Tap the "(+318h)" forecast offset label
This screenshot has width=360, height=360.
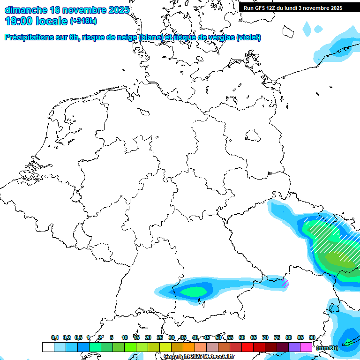[x=83, y=21]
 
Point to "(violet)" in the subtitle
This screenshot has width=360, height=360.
[x=248, y=37]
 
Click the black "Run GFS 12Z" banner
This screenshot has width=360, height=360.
[x=293, y=8]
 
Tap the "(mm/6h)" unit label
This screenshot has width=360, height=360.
[x=327, y=348]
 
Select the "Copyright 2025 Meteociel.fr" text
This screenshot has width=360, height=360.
[x=199, y=357]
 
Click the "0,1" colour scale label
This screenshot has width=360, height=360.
[x=55, y=338]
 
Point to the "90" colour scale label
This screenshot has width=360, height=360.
[x=312, y=338]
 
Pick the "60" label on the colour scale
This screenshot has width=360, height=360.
[x=242, y=338]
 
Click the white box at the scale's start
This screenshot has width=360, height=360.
[x=48, y=347]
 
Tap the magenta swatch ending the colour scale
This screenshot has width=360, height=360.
[x=306, y=347]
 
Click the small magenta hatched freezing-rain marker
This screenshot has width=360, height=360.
[x=285, y=283]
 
